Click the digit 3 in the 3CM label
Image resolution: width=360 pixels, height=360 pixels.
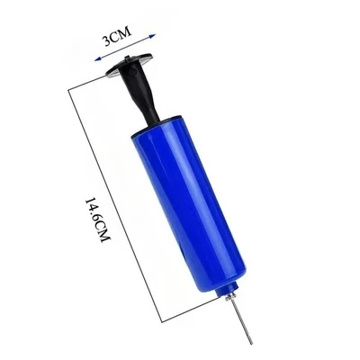pos(107,40)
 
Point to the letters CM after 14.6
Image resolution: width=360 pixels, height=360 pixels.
pos(94,237)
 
